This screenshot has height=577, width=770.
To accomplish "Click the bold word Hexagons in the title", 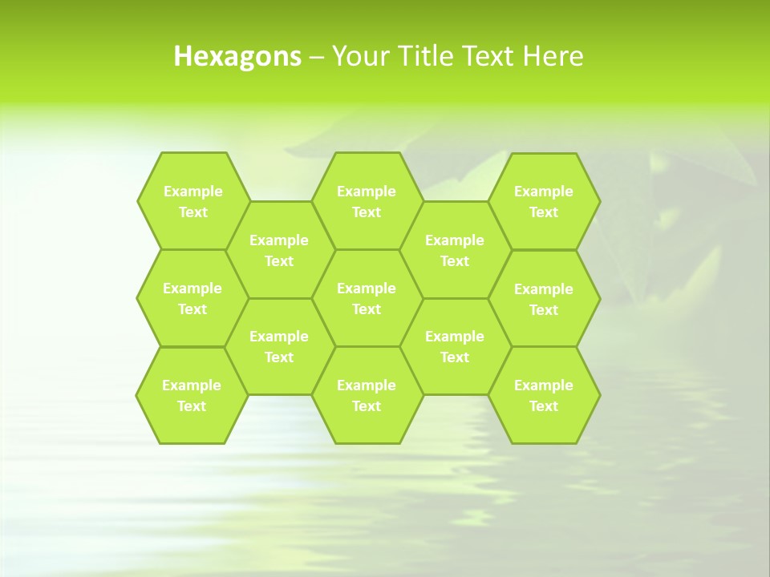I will (x=237, y=56).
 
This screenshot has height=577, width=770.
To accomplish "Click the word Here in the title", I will (x=553, y=56).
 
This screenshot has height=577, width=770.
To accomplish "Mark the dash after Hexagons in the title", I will (x=317, y=57).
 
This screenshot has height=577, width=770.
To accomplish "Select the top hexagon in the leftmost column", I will (x=192, y=201).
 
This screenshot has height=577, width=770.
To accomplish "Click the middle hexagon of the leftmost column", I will (x=192, y=298).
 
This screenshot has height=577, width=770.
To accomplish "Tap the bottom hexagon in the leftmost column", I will (x=192, y=395).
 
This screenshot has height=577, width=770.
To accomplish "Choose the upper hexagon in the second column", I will (x=279, y=250).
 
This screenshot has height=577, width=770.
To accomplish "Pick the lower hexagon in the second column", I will (x=279, y=346).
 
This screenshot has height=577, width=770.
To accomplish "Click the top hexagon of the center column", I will (x=367, y=201).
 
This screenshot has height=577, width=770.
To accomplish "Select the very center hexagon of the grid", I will (x=367, y=298).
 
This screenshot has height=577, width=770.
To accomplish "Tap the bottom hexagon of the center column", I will (x=367, y=395).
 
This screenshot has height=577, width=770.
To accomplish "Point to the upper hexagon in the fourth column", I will (x=455, y=250).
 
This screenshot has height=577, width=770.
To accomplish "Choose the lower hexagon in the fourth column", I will (x=455, y=346).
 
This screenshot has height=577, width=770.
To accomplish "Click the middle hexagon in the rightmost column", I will (x=544, y=299).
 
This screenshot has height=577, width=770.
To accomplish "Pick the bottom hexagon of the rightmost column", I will (x=544, y=395).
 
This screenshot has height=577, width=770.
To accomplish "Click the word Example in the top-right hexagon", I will (x=544, y=192).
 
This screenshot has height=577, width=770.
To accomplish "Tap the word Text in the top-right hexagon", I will (x=544, y=212).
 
